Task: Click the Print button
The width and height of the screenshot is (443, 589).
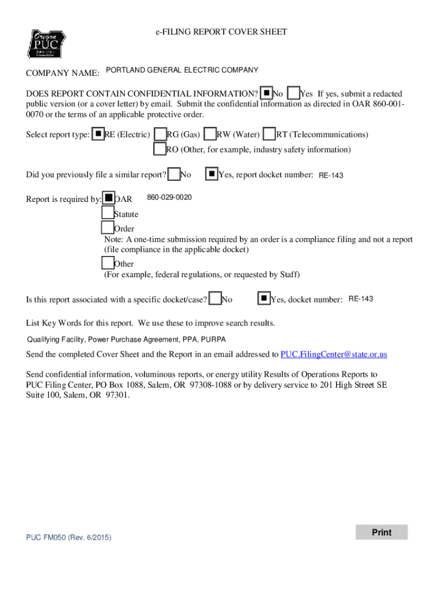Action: click(381, 532)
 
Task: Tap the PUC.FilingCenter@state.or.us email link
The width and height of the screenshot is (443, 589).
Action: click(334, 354)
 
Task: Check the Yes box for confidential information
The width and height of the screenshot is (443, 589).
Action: click(293, 93)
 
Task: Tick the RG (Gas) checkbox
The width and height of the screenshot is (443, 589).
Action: click(161, 135)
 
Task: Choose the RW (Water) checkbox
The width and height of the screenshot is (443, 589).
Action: click(211, 135)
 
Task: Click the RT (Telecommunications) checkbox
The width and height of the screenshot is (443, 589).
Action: click(269, 135)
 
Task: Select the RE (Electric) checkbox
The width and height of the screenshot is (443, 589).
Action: click(98, 135)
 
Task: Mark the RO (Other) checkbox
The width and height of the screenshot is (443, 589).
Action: click(160, 149)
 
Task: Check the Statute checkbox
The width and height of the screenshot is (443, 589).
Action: click(108, 213)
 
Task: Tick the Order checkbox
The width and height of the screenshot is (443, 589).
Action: click(108, 228)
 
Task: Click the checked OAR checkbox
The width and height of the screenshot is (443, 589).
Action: click(108, 198)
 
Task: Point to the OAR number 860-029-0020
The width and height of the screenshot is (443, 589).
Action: click(169, 198)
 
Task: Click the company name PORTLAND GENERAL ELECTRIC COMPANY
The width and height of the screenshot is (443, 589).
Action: click(182, 70)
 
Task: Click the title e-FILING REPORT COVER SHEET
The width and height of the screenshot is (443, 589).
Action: click(221, 32)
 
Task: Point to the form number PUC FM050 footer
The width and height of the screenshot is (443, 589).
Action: click(68, 537)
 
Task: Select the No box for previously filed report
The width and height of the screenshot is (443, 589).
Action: click(173, 174)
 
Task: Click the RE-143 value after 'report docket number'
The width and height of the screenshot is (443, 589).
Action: click(331, 175)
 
